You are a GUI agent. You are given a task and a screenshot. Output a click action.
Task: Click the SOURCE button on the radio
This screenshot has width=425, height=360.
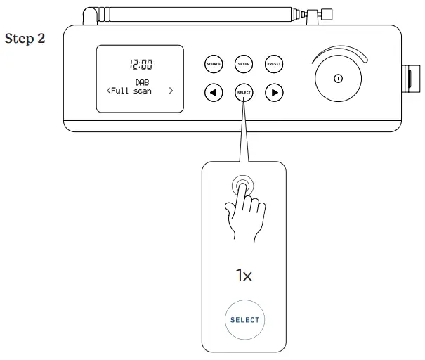213,64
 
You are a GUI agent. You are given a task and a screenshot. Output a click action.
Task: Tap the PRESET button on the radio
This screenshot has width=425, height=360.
274,64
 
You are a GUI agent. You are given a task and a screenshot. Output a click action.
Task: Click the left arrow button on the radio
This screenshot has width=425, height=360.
213,92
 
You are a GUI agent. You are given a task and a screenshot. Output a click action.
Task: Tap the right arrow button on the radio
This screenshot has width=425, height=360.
274,92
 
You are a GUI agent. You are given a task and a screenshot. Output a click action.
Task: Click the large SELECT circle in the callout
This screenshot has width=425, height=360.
244,320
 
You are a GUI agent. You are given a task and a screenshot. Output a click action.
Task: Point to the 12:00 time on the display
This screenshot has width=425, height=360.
140,65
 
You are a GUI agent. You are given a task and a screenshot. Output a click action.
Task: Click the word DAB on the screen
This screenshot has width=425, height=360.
140,82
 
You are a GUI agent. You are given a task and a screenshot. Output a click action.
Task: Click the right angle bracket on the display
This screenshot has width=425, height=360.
171,91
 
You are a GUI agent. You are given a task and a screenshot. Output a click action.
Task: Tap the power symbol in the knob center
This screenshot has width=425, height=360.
338,78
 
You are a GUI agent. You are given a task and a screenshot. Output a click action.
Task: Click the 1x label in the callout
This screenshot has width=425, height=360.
244,275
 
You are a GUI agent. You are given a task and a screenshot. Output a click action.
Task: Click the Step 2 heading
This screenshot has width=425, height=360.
25,39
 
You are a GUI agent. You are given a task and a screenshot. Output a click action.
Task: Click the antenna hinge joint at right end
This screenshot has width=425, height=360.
308,14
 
